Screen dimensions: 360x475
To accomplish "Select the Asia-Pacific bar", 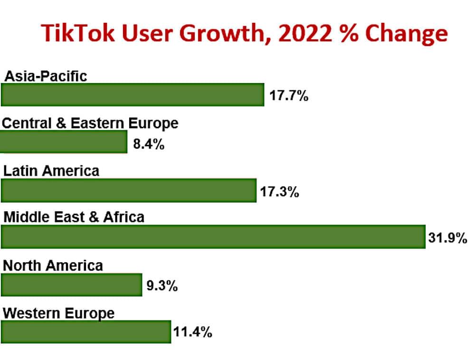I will pyautogui.click(x=133, y=95).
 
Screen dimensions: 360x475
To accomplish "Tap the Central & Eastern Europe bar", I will pyautogui.click(x=64, y=142).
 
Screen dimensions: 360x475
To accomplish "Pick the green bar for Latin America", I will pyautogui.click(x=129, y=190).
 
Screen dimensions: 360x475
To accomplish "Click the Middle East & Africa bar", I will pyautogui.click(x=213, y=237).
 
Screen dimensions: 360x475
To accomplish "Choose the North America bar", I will pyautogui.click(x=72, y=284).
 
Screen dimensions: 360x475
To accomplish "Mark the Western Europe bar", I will pyautogui.click(x=86, y=332).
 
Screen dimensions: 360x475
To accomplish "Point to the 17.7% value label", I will pyautogui.click(x=289, y=96).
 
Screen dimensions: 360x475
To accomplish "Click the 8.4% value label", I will pyautogui.click(x=149, y=144).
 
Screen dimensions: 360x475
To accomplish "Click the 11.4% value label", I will pyautogui.click(x=192, y=332).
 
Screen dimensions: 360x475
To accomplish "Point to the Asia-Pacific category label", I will pyautogui.click(x=45, y=76).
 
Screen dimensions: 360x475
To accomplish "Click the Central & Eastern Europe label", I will pyautogui.click(x=90, y=123).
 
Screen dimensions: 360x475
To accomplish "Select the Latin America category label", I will pyautogui.click(x=51, y=171).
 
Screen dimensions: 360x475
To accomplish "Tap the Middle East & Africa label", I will pyautogui.click(x=74, y=218).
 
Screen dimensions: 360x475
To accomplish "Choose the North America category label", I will pyautogui.click(x=53, y=265).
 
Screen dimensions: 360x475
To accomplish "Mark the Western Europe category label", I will pyautogui.click(x=58, y=313).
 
